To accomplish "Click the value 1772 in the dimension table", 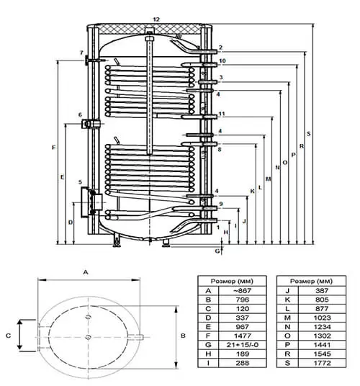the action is click(322, 363).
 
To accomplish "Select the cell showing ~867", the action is click(242, 290).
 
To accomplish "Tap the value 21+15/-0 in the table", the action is click(242, 345).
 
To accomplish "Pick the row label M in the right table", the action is click(287, 318).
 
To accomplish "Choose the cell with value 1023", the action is click(322, 318).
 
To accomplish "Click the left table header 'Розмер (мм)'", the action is click(232, 281).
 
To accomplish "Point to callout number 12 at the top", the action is click(156, 19).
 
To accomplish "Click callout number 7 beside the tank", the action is click(81, 53).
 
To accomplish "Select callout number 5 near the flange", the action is click(80, 182).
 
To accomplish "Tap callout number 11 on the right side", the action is click(222, 114).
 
